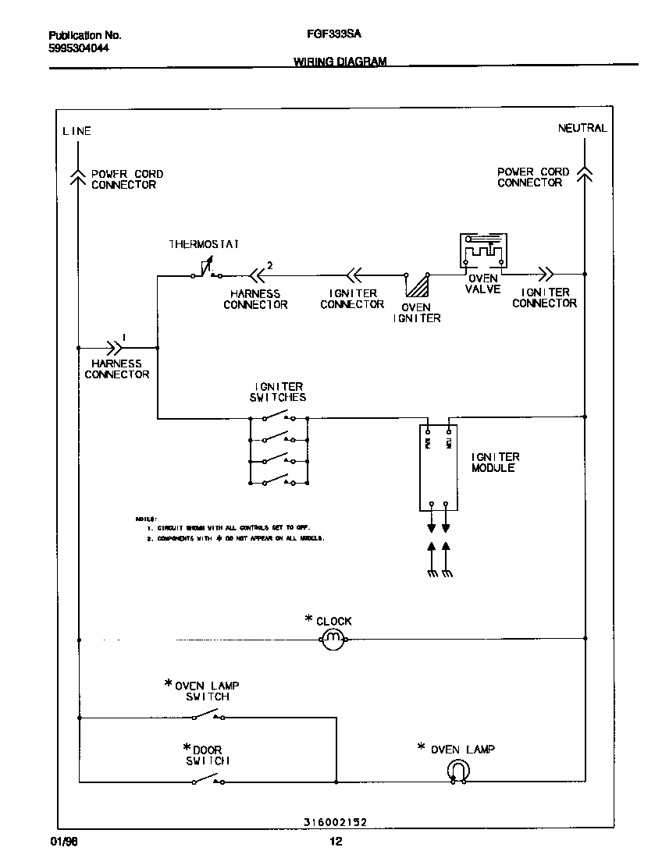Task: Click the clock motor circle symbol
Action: coord(333,640)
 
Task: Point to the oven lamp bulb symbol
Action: coord(457,771)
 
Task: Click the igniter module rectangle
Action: coord(438,466)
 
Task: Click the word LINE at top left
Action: coord(77,131)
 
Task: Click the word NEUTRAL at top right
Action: coord(582,129)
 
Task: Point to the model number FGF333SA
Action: coord(329,35)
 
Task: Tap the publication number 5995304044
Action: coord(79,48)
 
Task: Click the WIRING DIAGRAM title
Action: coord(340,62)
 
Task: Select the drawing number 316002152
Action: coord(335,822)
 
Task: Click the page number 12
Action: coord(335,842)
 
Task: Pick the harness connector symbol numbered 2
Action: coord(256,274)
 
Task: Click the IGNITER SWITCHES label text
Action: coord(279,392)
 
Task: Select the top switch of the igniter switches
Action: coord(279,416)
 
